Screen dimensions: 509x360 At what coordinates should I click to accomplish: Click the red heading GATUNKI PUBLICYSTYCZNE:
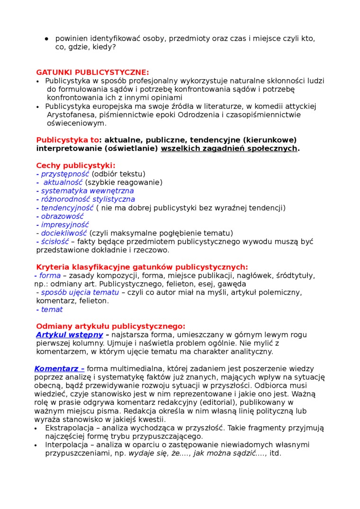(92, 72)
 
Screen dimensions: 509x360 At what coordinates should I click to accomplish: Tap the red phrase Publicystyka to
(68, 140)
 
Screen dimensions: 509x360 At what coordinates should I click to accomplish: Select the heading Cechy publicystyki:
(75, 166)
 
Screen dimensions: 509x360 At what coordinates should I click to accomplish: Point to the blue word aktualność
(63, 183)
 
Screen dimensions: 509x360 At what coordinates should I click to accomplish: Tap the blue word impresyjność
(65, 225)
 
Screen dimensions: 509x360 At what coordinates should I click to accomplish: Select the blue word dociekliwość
(64, 233)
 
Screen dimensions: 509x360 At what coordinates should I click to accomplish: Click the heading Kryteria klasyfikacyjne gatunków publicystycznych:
(142, 267)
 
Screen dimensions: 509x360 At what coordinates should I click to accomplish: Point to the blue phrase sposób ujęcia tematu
(80, 293)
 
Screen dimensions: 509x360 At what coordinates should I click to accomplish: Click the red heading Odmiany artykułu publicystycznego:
(110, 326)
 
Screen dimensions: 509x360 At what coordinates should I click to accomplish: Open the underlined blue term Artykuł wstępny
(70, 335)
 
